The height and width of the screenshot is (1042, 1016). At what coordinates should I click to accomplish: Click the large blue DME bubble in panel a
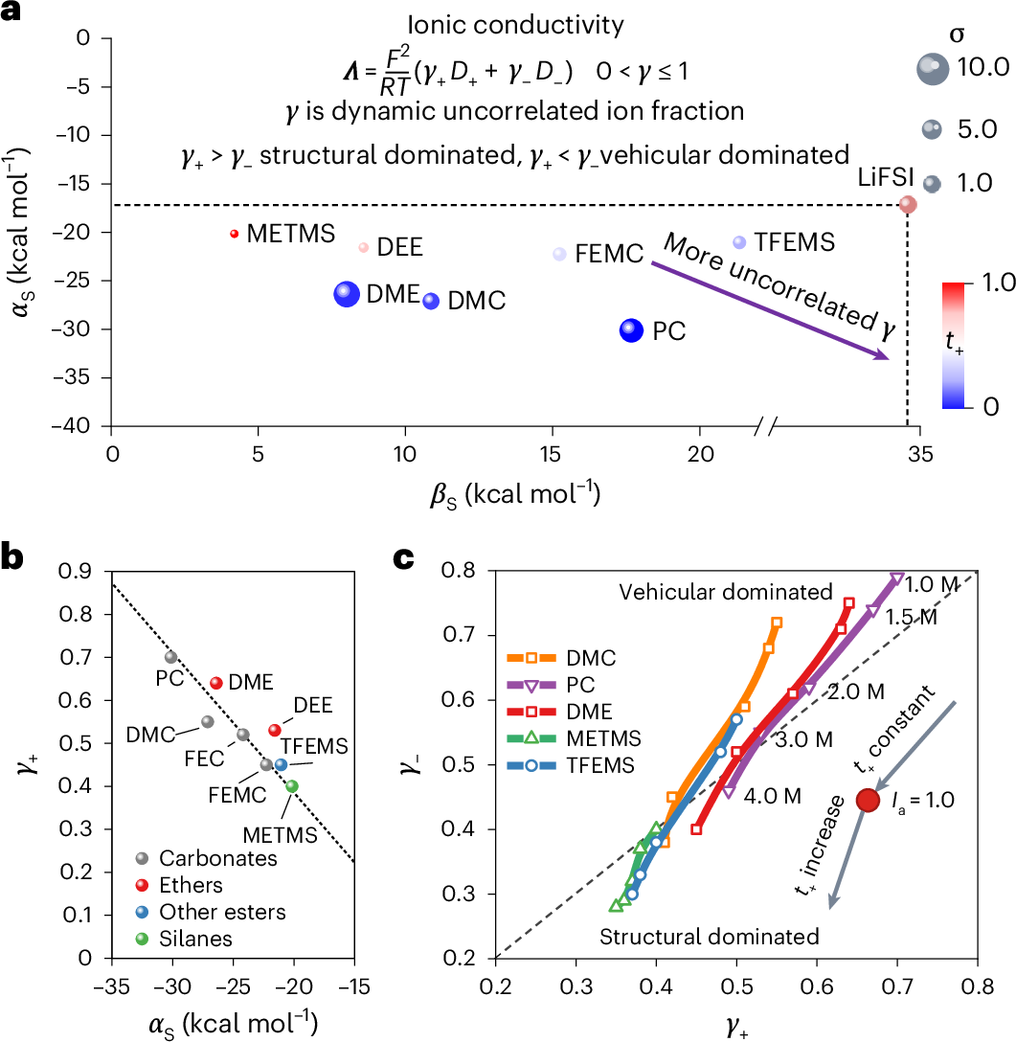coord(347,294)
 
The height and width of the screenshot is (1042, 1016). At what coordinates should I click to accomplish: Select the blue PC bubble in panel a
coord(631,330)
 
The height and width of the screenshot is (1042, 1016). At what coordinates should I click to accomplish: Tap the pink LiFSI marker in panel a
coord(908,204)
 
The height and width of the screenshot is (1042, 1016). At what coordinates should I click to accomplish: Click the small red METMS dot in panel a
coord(235,233)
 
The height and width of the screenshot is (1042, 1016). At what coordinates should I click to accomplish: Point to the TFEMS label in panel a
coord(795,242)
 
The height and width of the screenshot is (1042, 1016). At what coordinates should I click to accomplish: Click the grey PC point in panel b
coord(170,657)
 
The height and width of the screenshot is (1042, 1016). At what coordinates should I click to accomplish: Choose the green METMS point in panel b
coord(292,786)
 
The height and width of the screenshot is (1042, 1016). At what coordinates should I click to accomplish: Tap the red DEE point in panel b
coord(275,730)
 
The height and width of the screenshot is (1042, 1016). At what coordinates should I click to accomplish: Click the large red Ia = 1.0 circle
coord(868,800)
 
